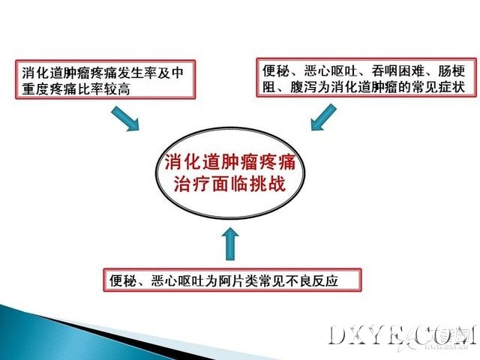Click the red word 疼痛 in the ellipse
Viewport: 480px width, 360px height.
click(x=277, y=162)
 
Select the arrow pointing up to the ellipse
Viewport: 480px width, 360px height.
click(x=230, y=244)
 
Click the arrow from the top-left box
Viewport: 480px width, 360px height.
click(x=125, y=118)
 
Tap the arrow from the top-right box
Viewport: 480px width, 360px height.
click(x=323, y=117)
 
